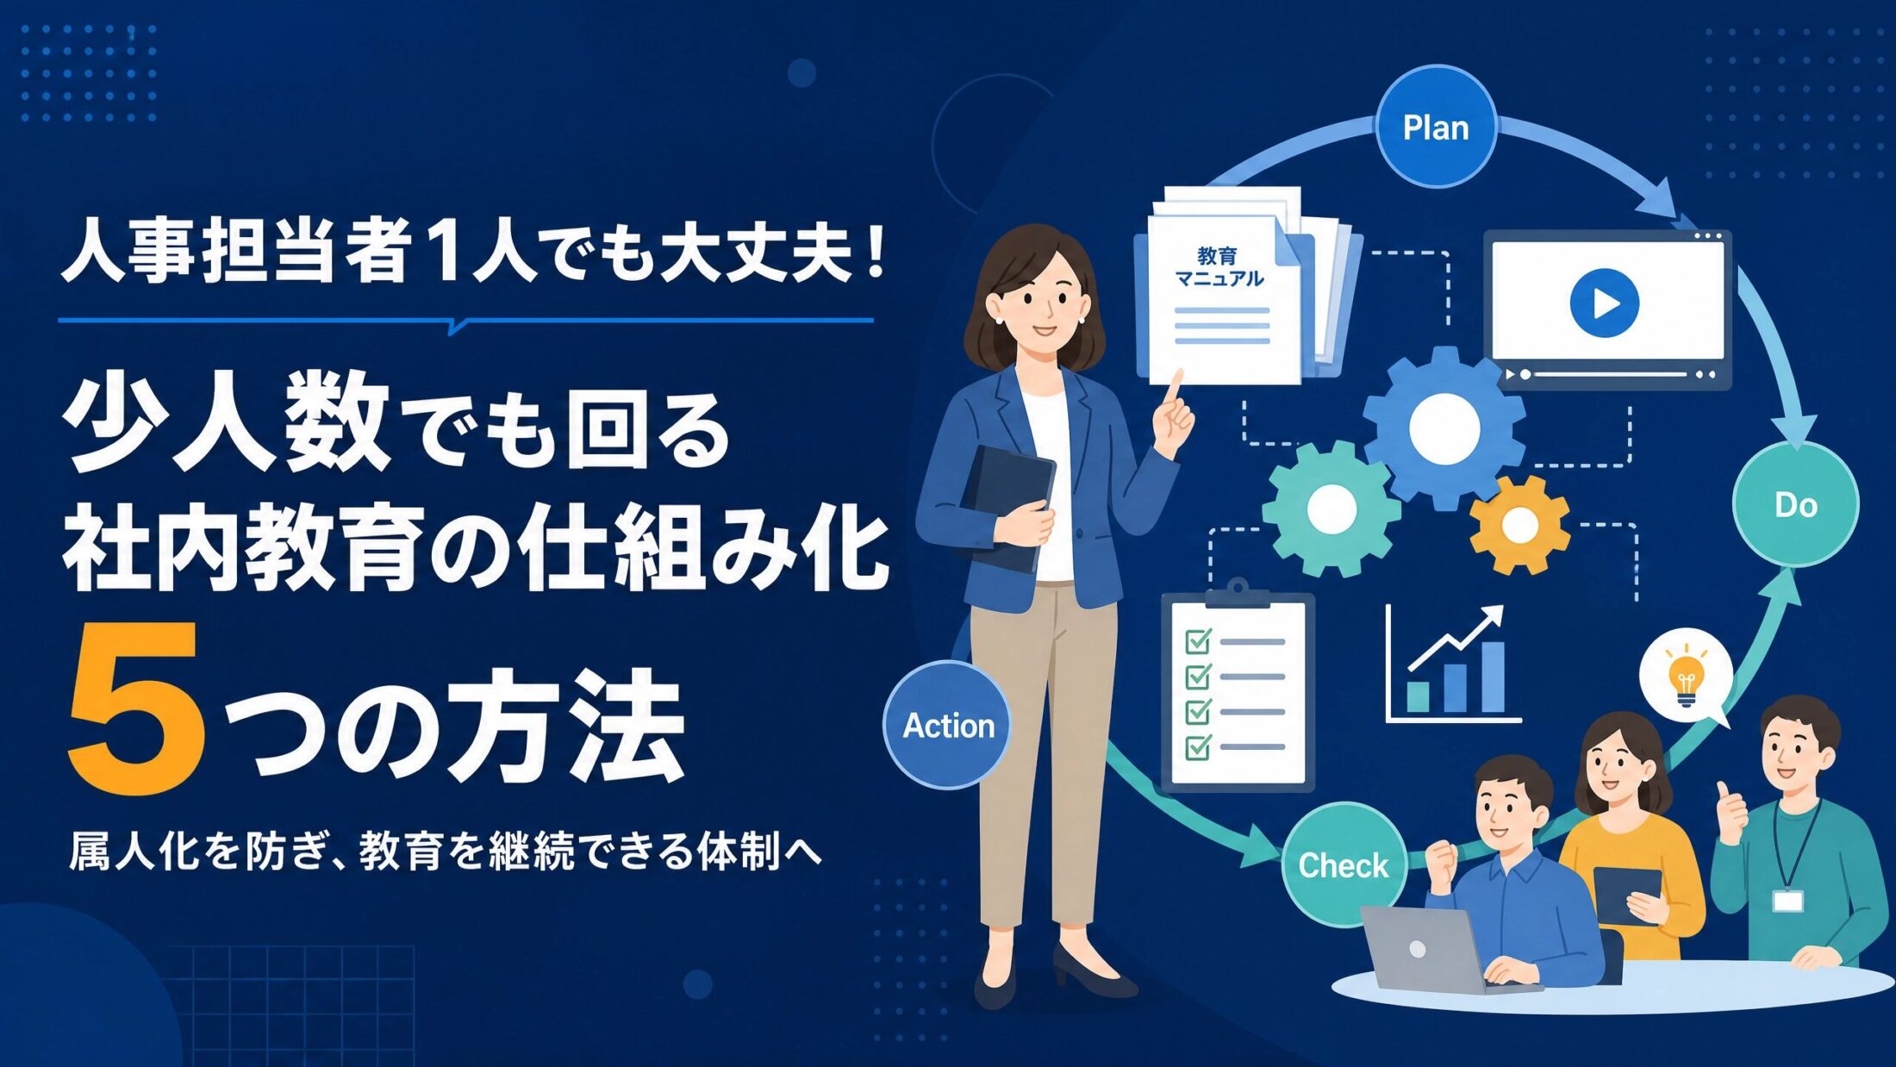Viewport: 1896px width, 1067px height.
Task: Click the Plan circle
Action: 1435,127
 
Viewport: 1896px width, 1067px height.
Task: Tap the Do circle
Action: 1795,504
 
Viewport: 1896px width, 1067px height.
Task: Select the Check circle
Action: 1343,864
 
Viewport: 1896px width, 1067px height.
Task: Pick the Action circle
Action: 948,725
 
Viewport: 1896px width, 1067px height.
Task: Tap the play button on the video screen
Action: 1604,303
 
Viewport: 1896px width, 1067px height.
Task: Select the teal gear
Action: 1332,509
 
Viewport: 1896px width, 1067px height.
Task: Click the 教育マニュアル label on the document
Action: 1219,266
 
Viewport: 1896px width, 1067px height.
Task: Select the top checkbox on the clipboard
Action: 1199,641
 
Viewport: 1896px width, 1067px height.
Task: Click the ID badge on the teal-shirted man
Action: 1788,901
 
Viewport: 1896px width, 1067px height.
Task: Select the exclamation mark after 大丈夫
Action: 877,253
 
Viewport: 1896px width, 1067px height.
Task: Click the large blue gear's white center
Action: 1444,427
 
